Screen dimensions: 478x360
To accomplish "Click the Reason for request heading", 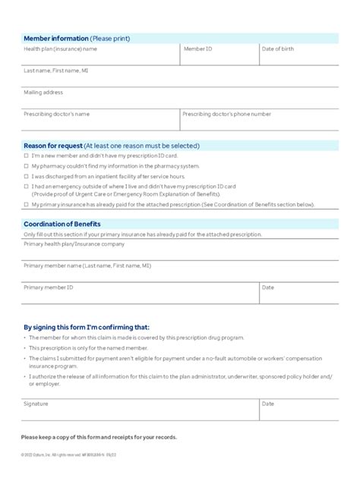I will (112, 145).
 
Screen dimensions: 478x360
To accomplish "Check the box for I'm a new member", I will (26, 156).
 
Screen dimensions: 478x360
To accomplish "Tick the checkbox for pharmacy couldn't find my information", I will (26, 165).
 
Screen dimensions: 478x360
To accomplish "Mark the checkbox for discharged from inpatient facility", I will (26, 175).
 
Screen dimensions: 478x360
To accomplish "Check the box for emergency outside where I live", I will (26, 185).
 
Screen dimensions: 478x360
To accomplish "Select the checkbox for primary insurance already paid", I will (26, 205).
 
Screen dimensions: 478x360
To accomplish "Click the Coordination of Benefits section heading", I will (62, 224).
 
